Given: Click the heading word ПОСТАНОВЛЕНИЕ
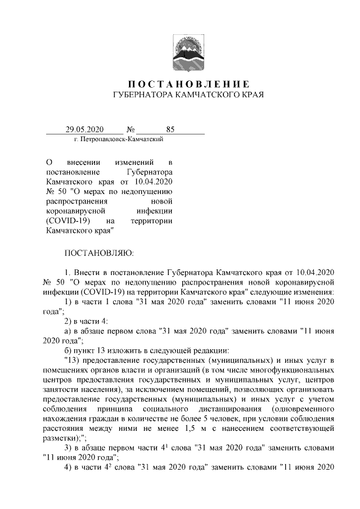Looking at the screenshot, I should pyautogui.click(x=181, y=84).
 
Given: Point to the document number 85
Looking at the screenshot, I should pyautogui.click(x=170, y=129).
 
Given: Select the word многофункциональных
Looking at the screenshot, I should pyautogui.click(x=291, y=370).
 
